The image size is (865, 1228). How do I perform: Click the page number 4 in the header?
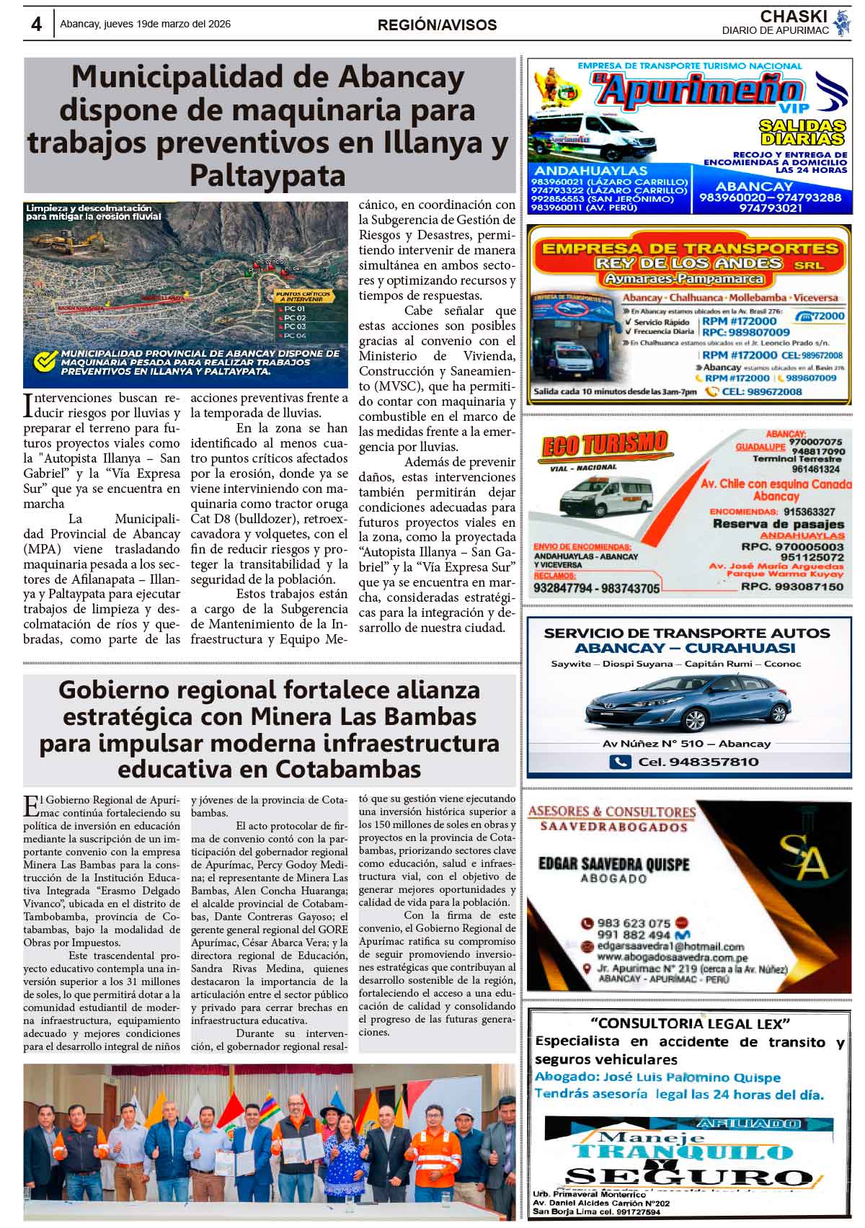(x=36, y=25)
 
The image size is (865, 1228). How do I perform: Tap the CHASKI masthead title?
(x=793, y=16)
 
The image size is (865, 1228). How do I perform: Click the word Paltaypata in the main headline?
(x=267, y=175)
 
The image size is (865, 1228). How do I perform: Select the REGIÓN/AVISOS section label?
(x=437, y=25)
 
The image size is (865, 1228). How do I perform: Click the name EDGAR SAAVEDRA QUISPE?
(x=613, y=863)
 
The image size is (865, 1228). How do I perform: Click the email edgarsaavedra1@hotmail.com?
(x=670, y=946)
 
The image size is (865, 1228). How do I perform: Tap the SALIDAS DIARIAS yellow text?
(x=802, y=132)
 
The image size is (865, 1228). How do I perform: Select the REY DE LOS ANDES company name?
(x=688, y=263)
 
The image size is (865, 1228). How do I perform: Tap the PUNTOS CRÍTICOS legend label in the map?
(x=303, y=297)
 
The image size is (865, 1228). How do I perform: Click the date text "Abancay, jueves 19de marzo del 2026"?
(x=146, y=25)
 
